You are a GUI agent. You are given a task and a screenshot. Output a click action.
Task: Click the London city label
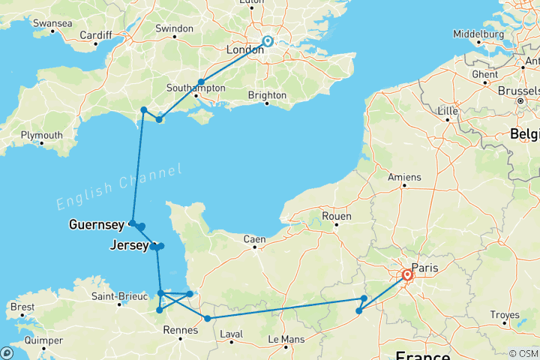pyautogui.click(x=244, y=49)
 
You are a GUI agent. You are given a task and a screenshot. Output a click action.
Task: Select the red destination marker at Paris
pyautogui.click(x=407, y=275)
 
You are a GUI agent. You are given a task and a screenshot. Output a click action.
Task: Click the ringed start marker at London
pyautogui.click(x=268, y=42)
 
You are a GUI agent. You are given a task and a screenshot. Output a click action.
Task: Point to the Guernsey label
pyautogui.click(x=97, y=223)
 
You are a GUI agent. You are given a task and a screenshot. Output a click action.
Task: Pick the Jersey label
pyautogui.click(x=127, y=244)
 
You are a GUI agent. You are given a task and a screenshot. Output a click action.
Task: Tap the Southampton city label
pyautogui.click(x=196, y=88)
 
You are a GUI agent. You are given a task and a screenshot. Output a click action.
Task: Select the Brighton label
pyautogui.click(x=267, y=95)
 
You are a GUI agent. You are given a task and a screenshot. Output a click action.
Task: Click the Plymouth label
pyautogui.click(x=41, y=135)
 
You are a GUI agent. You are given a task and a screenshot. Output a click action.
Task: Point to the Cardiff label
pyautogui.click(x=95, y=35)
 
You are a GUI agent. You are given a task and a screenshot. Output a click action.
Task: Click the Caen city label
pyautogui.click(x=254, y=240)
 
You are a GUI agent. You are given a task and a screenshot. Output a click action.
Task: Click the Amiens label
pyautogui.click(x=406, y=177)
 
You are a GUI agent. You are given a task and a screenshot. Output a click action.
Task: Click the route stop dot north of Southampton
pyautogui.click(x=201, y=82)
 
